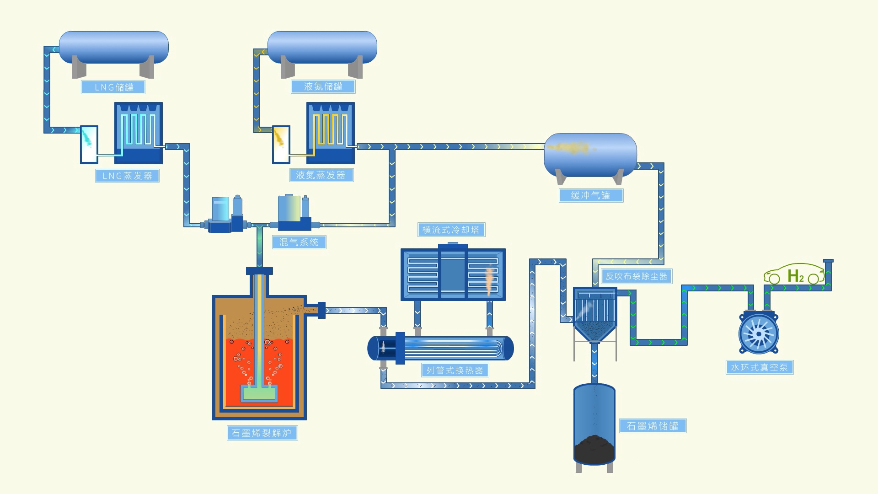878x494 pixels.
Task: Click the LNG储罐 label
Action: [x=113, y=87]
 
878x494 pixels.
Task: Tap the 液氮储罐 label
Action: [x=323, y=86]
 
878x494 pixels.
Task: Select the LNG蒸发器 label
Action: [x=127, y=176]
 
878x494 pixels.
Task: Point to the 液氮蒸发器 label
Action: [x=321, y=175]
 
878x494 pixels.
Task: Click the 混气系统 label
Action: [x=299, y=242]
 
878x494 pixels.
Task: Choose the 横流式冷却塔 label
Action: [x=451, y=230]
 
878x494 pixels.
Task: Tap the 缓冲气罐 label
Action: [x=591, y=195]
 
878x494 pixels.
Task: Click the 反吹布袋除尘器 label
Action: [x=636, y=276]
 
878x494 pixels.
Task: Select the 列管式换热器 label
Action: [x=455, y=370]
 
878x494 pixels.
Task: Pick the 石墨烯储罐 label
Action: [x=653, y=426]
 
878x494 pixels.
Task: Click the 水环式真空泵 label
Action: [x=760, y=367]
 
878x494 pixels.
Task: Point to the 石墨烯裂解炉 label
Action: [x=262, y=433]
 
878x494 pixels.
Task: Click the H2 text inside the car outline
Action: [x=795, y=276]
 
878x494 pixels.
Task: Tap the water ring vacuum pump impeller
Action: [x=759, y=333]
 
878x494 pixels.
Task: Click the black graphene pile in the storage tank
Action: [x=594, y=449]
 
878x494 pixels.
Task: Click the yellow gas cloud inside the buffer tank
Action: [x=570, y=148]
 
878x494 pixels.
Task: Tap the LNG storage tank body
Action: [x=114, y=47]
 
